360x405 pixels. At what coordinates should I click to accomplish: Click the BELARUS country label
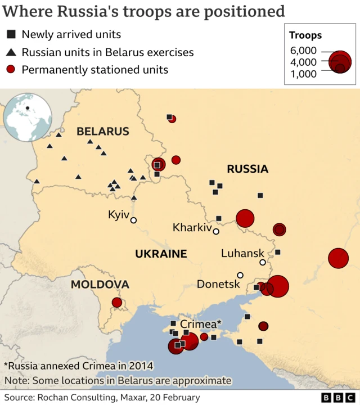pyautogui.click(x=103, y=132)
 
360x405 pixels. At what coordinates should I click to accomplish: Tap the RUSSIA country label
pyautogui.click(x=247, y=169)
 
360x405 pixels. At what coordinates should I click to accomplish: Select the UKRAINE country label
pyautogui.click(x=161, y=254)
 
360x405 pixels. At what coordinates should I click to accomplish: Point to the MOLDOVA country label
pyautogui.click(x=100, y=285)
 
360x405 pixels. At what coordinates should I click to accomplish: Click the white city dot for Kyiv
pyautogui.click(x=134, y=220)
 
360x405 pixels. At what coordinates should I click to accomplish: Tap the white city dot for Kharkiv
pyautogui.click(x=215, y=231)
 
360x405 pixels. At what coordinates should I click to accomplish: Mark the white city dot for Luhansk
pyautogui.click(x=263, y=262)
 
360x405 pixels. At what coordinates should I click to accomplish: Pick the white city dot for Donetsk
pyautogui.click(x=240, y=275)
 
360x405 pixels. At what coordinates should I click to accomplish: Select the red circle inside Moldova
pyautogui.click(x=117, y=303)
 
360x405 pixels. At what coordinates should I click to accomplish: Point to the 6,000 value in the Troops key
pyautogui.click(x=303, y=51)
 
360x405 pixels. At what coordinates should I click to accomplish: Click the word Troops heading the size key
pyautogui.click(x=305, y=35)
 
